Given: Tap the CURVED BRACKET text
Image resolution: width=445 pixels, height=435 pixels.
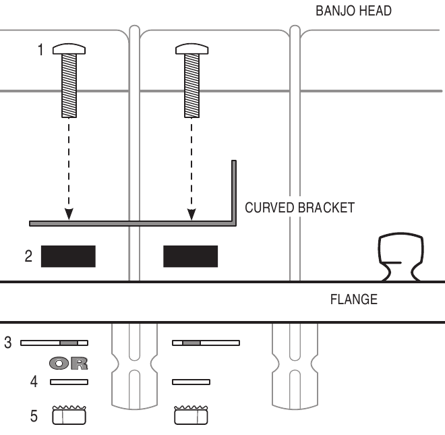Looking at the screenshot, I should click(299, 208).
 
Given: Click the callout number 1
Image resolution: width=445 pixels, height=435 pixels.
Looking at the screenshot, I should click(41, 51).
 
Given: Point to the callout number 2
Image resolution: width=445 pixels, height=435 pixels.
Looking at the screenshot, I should click(28, 257).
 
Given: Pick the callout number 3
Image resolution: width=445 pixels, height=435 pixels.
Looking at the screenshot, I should click(8, 343).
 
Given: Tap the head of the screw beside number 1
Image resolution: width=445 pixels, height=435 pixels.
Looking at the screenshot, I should click(69, 48).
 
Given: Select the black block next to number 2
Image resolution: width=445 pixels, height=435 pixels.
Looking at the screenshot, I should click(68, 256).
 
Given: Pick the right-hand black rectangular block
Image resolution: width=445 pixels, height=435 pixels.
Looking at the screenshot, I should click(191, 256).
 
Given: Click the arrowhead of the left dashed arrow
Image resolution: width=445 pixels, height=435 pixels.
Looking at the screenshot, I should click(69, 214).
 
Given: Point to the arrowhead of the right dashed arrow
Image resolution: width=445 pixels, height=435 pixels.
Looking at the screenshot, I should click(191, 214).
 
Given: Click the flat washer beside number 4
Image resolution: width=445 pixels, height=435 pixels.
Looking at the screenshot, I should click(69, 382).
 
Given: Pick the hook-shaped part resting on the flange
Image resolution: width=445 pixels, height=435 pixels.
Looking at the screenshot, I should click(400, 256).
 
